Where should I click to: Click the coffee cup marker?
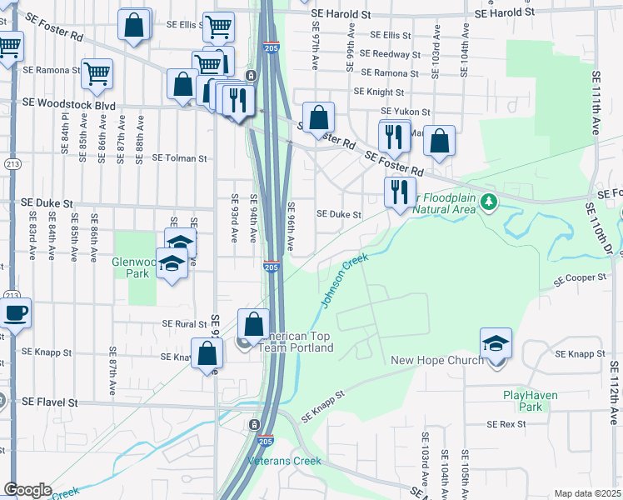(15, 313)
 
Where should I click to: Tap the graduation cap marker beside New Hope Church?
(496, 342)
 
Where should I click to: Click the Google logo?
(27, 490)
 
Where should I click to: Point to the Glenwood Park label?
(134, 267)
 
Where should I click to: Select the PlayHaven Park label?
(522, 401)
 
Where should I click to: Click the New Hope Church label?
(437, 360)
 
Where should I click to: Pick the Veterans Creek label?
(284, 461)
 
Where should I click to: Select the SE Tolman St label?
(174, 157)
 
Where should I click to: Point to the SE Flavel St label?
(49, 402)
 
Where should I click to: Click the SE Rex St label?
(506, 424)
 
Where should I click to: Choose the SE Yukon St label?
(405, 111)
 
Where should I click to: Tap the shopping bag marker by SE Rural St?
(253, 324)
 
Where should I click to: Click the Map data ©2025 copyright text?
(587, 493)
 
